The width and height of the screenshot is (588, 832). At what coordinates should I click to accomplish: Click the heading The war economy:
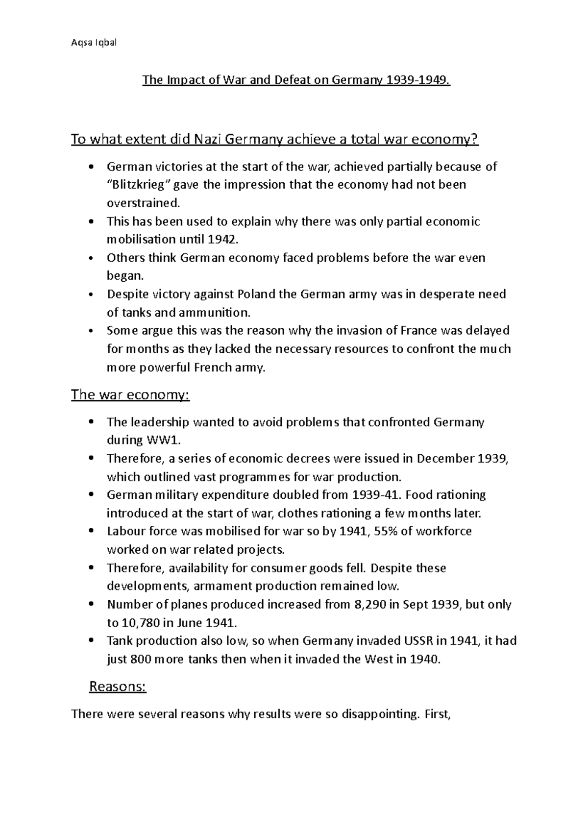pyautogui.click(x=130, y=394)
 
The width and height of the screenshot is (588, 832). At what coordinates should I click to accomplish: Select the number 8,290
pyautogui.click(x=369, y=604)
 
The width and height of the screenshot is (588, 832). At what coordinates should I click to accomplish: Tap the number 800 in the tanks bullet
pyautogui.click(x=141, y=659)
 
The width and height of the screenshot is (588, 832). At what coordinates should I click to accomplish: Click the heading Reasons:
pyautogui.click(x=118, y=686)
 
